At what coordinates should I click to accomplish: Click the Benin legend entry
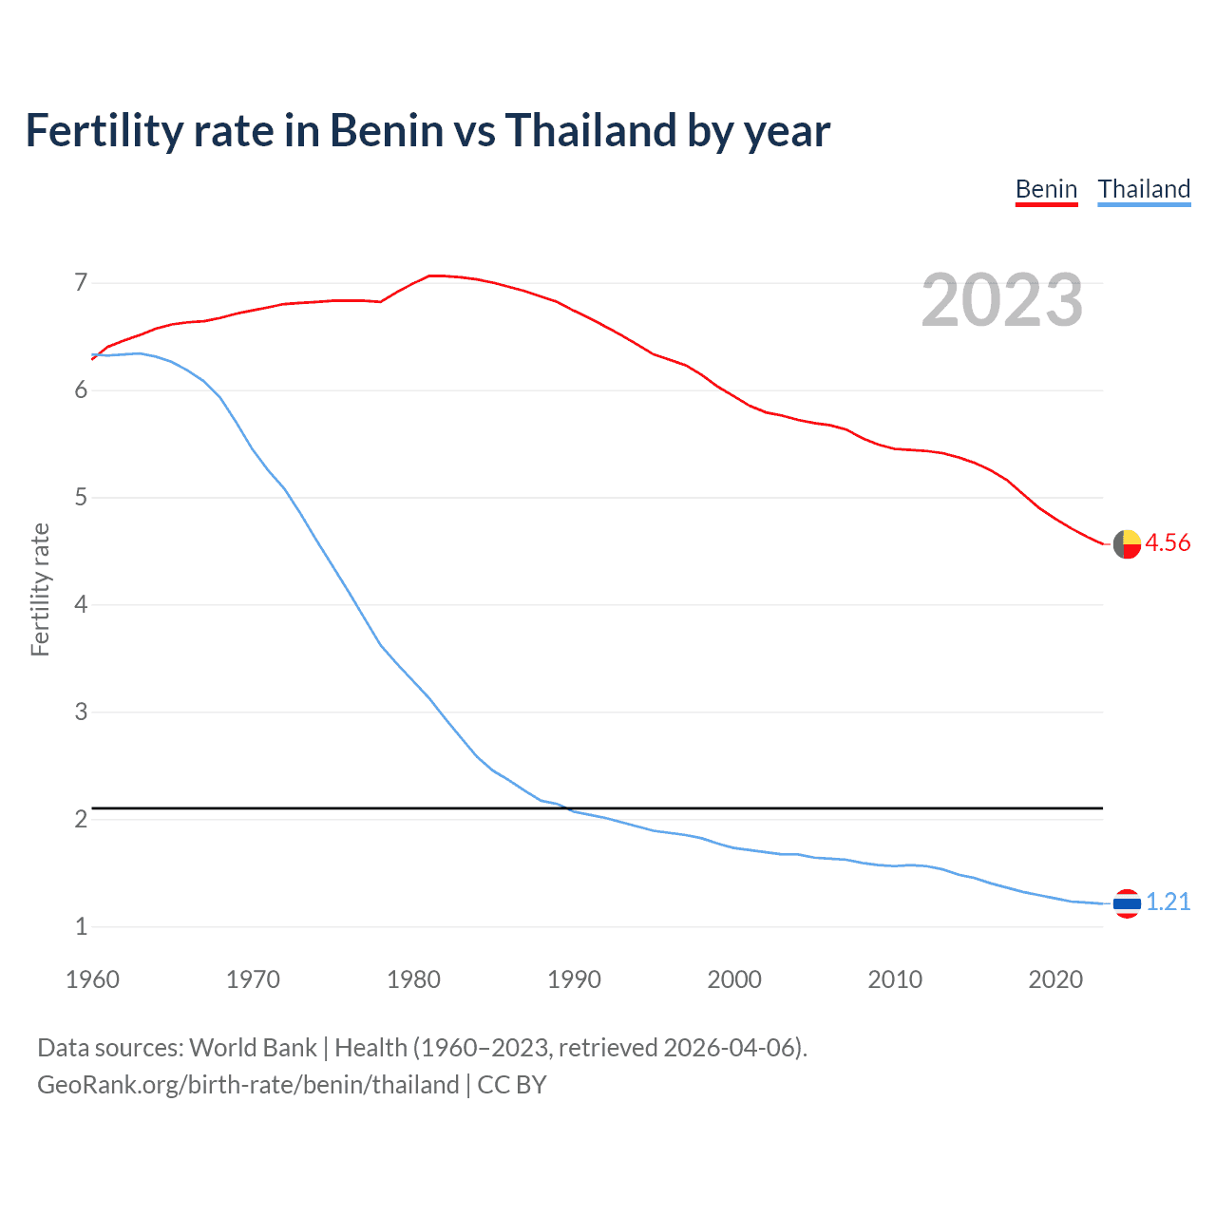point(1046,189)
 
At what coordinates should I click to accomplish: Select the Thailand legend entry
point(1144,189)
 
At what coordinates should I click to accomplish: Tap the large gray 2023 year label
point(1002,300)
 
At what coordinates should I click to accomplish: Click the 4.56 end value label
point(1168,542)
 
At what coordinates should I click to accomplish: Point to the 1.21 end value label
point(1168,902)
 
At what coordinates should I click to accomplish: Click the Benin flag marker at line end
point(1127,544)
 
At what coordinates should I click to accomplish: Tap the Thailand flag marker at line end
point(1127,903)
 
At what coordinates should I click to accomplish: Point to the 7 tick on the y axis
point(81,282)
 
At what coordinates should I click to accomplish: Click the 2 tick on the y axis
point(81,819)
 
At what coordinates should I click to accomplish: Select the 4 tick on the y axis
point(81,604)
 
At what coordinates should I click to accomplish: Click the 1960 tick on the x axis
point(92,979)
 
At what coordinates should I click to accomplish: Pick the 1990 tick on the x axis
point(574,979)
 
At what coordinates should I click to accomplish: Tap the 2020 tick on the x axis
point(1055,979)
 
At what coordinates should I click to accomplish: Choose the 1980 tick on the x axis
point(413,979)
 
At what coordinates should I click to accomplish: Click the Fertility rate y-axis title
point(40,589)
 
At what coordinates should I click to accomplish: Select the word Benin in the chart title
point(387,130)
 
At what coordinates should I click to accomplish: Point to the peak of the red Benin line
point(432,275)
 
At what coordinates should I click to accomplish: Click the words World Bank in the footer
point(253,1048)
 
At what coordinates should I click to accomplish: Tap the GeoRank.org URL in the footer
point(248,1085)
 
